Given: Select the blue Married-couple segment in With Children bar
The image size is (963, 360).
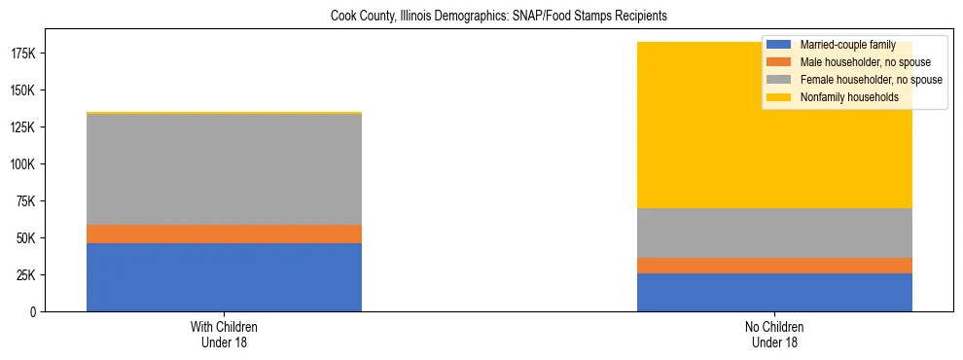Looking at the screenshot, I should (x=224, y=277).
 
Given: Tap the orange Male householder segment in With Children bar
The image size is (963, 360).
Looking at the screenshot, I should (x=224, y=234).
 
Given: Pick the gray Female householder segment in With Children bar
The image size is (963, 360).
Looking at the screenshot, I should (x=224, y=169).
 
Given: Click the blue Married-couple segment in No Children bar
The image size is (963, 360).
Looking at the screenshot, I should (x=774, y=292).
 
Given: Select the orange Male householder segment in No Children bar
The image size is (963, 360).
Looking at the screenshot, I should (x=774, y=266).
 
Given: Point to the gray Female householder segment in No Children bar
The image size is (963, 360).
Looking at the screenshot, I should (x=774, y=234).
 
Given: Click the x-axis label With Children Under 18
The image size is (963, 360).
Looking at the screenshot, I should (x=224, y=335).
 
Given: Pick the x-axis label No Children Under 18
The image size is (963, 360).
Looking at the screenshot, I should (x=774, y=335).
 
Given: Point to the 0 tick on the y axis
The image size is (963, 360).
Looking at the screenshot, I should (x=33, y=312).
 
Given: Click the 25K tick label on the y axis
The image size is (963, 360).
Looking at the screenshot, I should (x=24, y=275).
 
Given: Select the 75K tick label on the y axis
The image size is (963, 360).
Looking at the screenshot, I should (x=24, y=201).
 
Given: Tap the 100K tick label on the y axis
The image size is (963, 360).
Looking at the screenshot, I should (x=21, y=164).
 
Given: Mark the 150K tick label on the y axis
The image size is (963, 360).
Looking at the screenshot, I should (x=21, y=90).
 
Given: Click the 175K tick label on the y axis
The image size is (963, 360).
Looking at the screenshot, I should (x=21, y=54).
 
